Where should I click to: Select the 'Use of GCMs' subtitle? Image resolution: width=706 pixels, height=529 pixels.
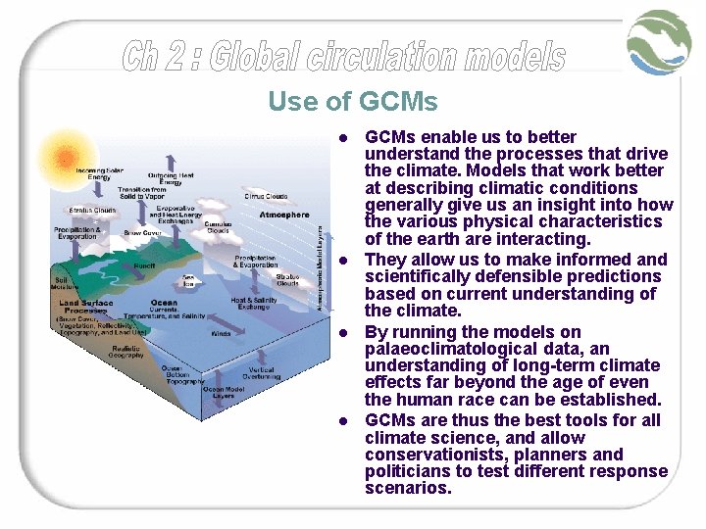pyautogui.click(x=352, y=101)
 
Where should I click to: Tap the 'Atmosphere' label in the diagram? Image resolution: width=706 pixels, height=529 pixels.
pyautogui.click(x=283, y=215)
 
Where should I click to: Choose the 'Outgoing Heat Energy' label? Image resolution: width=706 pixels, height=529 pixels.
pyautogui.click(x=171, y=178)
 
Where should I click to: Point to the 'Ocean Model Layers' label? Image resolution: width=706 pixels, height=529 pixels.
pyautogui.click(x=225, y=393)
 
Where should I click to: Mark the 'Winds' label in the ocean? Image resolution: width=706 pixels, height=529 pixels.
pyautogui.click(x=221, y=333)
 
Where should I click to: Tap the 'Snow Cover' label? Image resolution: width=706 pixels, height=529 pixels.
pyautogui.click(x=143, y=233)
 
